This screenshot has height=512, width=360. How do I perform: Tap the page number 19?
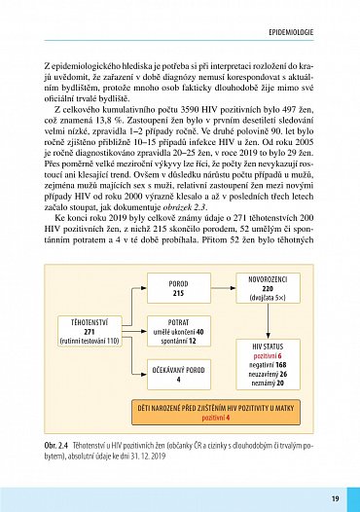click(334, 499)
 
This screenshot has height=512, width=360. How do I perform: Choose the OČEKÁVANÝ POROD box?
click(178, 375)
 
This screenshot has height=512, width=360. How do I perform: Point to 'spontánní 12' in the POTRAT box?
click(178, 341)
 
